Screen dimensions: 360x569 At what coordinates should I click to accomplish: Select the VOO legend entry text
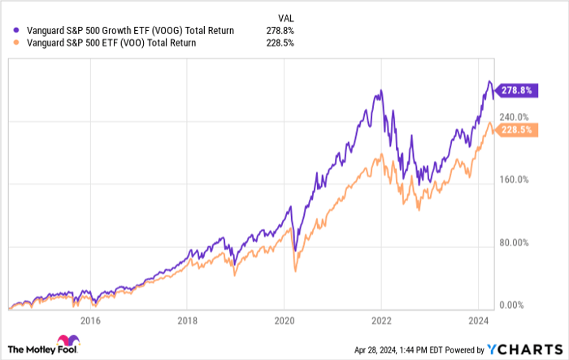(x=106, y=43)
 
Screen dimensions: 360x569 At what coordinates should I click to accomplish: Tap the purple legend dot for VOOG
(x=9, y=31)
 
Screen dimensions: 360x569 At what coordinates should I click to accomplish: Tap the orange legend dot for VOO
(x=9, y=43)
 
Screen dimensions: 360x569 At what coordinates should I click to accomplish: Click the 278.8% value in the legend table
(x=280, y=31)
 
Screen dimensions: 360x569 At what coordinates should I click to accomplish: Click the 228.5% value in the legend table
(x=280, y=43)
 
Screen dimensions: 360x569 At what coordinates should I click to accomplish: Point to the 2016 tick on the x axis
(x=91, y=320)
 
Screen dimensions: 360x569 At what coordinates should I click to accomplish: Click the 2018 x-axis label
(x=188, y=320)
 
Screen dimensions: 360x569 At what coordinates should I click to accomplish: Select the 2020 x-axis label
(x=284, y=320)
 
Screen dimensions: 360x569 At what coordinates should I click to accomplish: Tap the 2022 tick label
(x=381, y=320)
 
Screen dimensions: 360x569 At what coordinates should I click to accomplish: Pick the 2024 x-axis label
(x=478, y=320)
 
